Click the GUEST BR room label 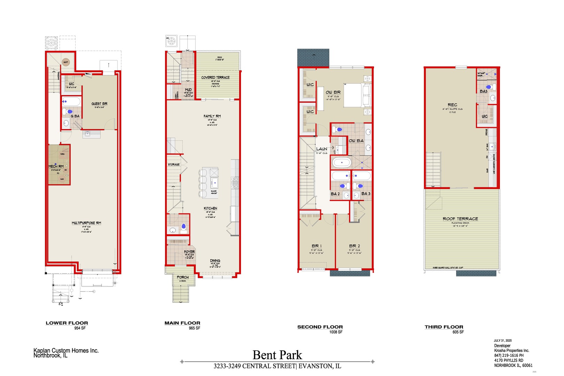pyautogui.click(x=99, y=104)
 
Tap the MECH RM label pyautogui.click(x=56, y=166)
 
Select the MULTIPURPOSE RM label pyautogui.click(x=86, y=223)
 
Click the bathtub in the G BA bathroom pyautogui.click(x=71, y=102)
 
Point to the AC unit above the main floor pyautogui.click(x=171, y=41)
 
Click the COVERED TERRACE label pyautogui.click(x=215, y=77)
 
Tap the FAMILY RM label pyautogui.click(x=212, y=116)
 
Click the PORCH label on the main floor pyautogui.click(x=182, y=277)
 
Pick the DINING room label pyautogui.click(x=215, y=260)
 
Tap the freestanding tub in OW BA pyautogui.click(x=342, y=163)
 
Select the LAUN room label pyautogui.click(x=321, y=149)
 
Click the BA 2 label pyautogui.click(x=335, y=194)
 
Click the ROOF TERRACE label pyautogui.click(x=460, y=219)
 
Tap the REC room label pyautogui.click(x=452, y=105)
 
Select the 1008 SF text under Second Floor pyautogui.click(x=336, y=332)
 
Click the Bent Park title pyautogui.click(x=277, y=355)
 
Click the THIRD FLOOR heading pyautogui.click(x=444, y=327)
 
